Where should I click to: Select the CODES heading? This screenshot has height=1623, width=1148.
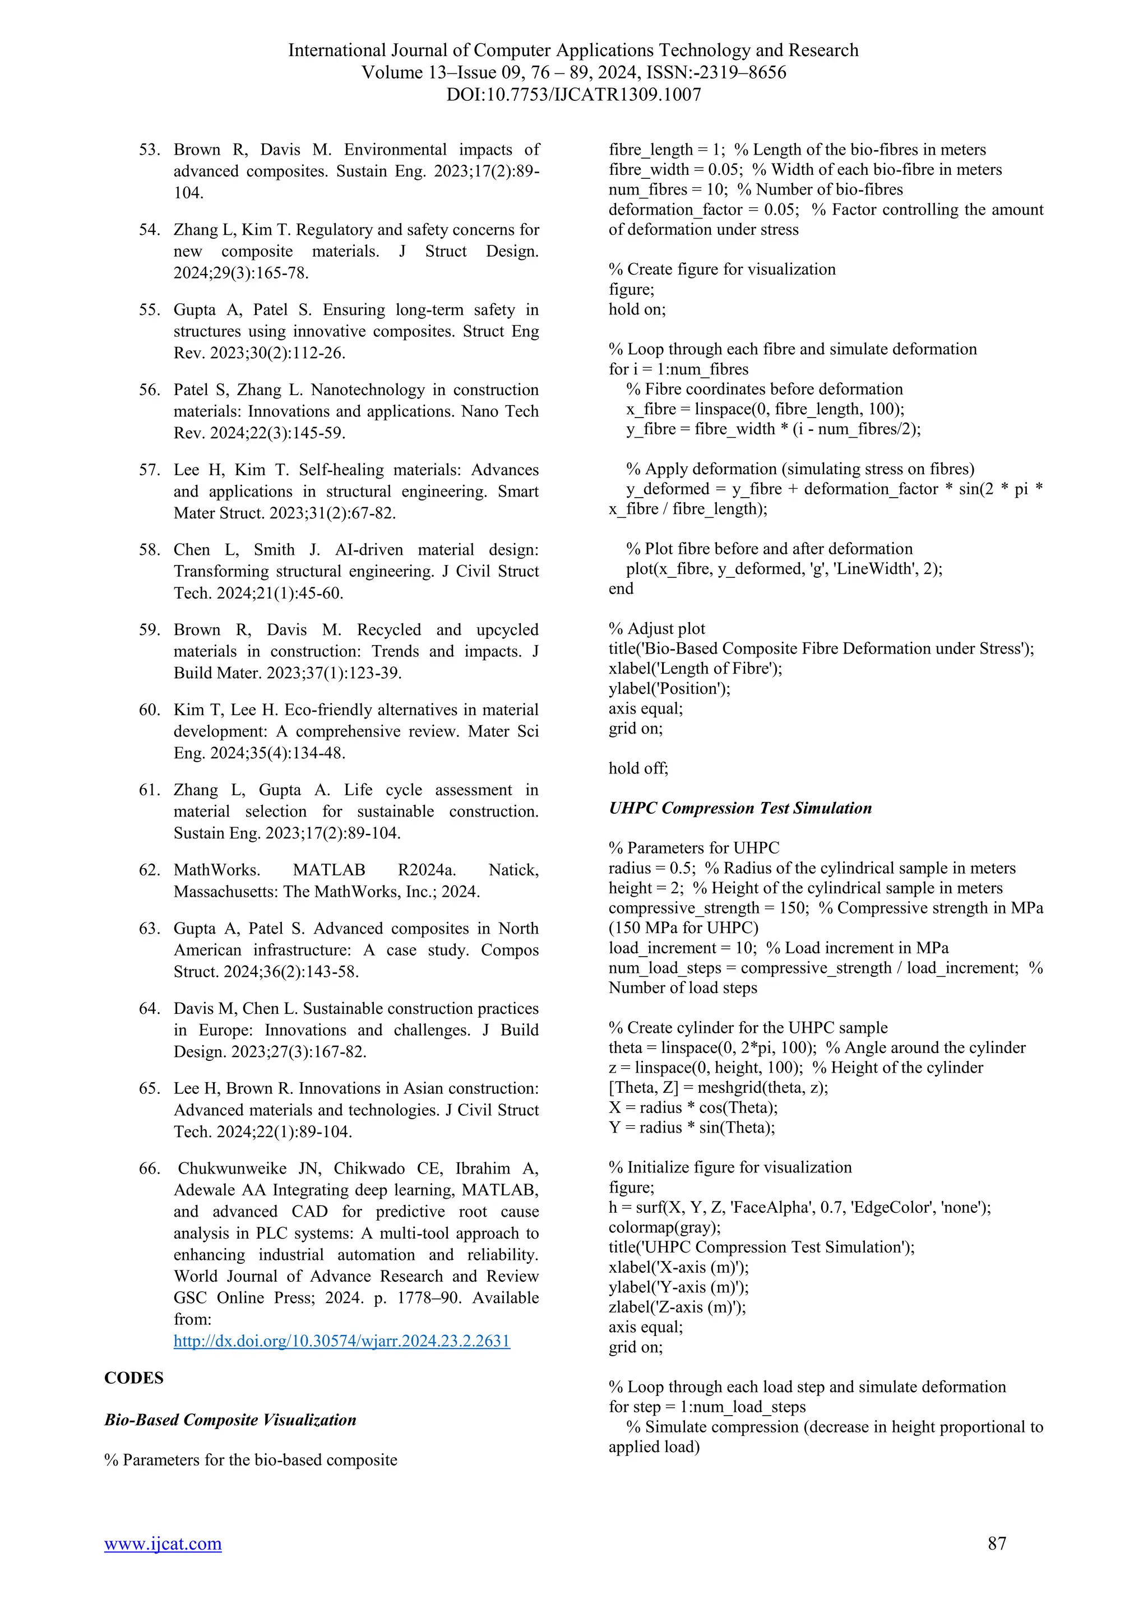[133, 1378]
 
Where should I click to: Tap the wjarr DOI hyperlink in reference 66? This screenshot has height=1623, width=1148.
[341, 1341]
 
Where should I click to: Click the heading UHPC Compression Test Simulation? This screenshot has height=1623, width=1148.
[740, 808]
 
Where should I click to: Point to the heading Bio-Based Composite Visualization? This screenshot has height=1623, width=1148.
[230, 1420]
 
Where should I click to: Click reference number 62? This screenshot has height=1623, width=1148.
[150, 870]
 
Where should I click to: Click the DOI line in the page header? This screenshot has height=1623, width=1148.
[573, 95]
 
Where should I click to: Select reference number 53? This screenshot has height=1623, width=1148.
[150, 150]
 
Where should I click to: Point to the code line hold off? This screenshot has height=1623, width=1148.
[638, 768]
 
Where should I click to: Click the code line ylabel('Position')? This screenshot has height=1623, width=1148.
[669, 689]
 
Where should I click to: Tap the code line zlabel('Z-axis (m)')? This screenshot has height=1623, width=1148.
[677, 1307]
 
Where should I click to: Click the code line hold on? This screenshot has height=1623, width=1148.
[637, 309]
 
